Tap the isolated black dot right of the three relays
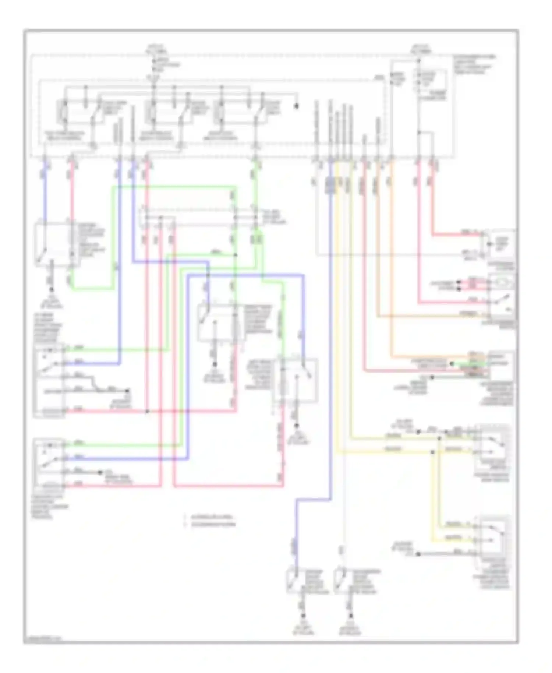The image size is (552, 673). pyautogui.click(x=296, y=106)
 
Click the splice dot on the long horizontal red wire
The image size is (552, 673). pyautogui.click(x=147, y=411)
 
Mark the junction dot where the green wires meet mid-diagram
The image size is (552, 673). pyautogui.click(x=236, y=255)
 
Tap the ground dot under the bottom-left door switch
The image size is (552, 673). pyautogui.click(x=303, y=616)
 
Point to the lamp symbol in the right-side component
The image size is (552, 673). pyautogui.click(x=502, y=282)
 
